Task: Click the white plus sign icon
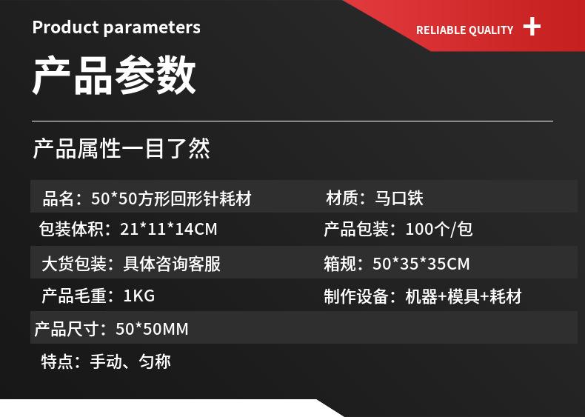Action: [532, 27]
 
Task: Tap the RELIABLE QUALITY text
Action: [464, 30]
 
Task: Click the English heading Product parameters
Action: [116, 27]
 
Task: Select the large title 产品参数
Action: [114, 75]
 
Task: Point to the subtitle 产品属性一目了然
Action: [121, 148]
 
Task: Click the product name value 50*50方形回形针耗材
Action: [171, 199]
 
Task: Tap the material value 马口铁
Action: [399, 198]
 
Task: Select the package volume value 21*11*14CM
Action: [169, 229]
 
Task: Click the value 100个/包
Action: [438, 229]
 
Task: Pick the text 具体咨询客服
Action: [172, 264]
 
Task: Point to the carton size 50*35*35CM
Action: [421, 264]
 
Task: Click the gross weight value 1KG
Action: [138, 296]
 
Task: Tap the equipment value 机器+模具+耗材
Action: [464, 296]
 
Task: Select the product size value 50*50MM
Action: [152, 329]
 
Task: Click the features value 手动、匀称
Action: [130, 361]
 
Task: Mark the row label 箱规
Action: [340, 264]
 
